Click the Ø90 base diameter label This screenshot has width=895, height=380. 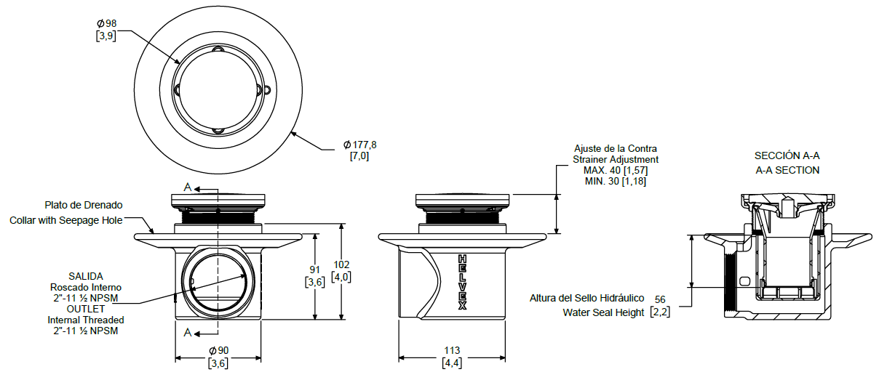(218, 351)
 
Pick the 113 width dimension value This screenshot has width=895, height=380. (451, 351)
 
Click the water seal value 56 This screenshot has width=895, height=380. (660, 299)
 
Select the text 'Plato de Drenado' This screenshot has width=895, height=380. (84, 205)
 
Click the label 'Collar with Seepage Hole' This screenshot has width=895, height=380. (66, 220)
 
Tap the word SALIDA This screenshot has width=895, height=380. (85, 276)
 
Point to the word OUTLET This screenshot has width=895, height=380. (86, 309)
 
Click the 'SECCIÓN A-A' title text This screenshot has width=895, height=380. (787, 155)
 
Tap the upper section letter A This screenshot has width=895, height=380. (187, 187)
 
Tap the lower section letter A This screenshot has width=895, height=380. (187, 333)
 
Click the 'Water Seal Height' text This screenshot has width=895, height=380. (603, 313)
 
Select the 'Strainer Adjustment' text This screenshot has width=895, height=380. (616, 159)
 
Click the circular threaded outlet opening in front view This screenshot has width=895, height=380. (215, 282)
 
